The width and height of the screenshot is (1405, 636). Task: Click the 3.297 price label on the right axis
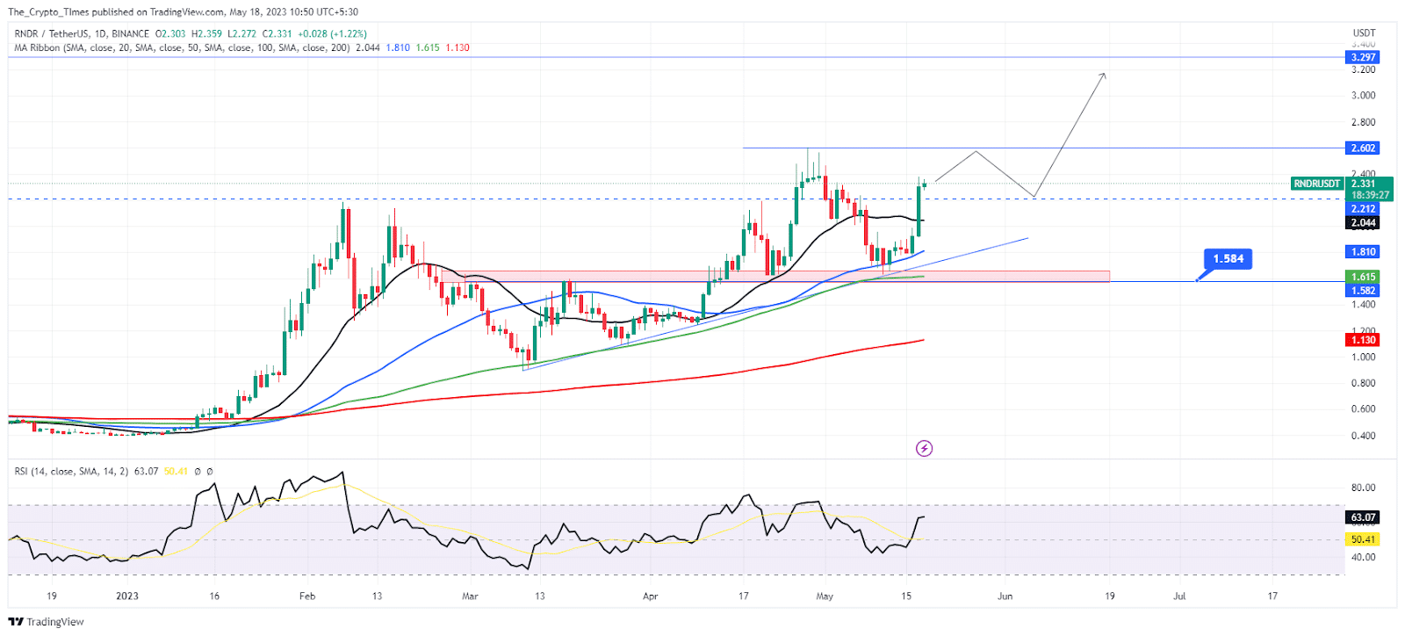[1362, 57]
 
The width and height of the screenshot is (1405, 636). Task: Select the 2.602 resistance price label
[1362, 148]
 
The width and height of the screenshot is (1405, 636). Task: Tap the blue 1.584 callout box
[1228, 258]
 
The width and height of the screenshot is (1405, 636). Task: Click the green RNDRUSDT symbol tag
[1317, 184]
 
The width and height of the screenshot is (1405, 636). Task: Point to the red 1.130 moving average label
[1362, 340]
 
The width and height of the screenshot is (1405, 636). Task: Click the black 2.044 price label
[1362, 222]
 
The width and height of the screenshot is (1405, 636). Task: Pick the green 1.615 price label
[1362, 277]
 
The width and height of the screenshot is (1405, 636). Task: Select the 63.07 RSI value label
[1362, 517]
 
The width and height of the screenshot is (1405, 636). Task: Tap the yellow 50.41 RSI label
[1362, 539]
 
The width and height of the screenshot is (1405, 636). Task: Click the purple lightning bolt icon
[924, 449]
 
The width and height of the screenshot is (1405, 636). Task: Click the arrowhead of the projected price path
[1103, 76]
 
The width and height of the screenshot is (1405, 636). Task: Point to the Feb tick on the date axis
[306, 596]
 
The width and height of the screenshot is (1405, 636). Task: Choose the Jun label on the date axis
[1005, 596]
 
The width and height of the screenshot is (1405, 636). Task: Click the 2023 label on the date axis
[127, 596]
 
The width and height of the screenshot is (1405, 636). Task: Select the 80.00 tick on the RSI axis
[1363, 488]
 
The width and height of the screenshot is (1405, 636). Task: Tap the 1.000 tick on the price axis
[1363, 357]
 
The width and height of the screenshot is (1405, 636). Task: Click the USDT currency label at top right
[1363, 33]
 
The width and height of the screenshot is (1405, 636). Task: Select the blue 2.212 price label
[1362, 208]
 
